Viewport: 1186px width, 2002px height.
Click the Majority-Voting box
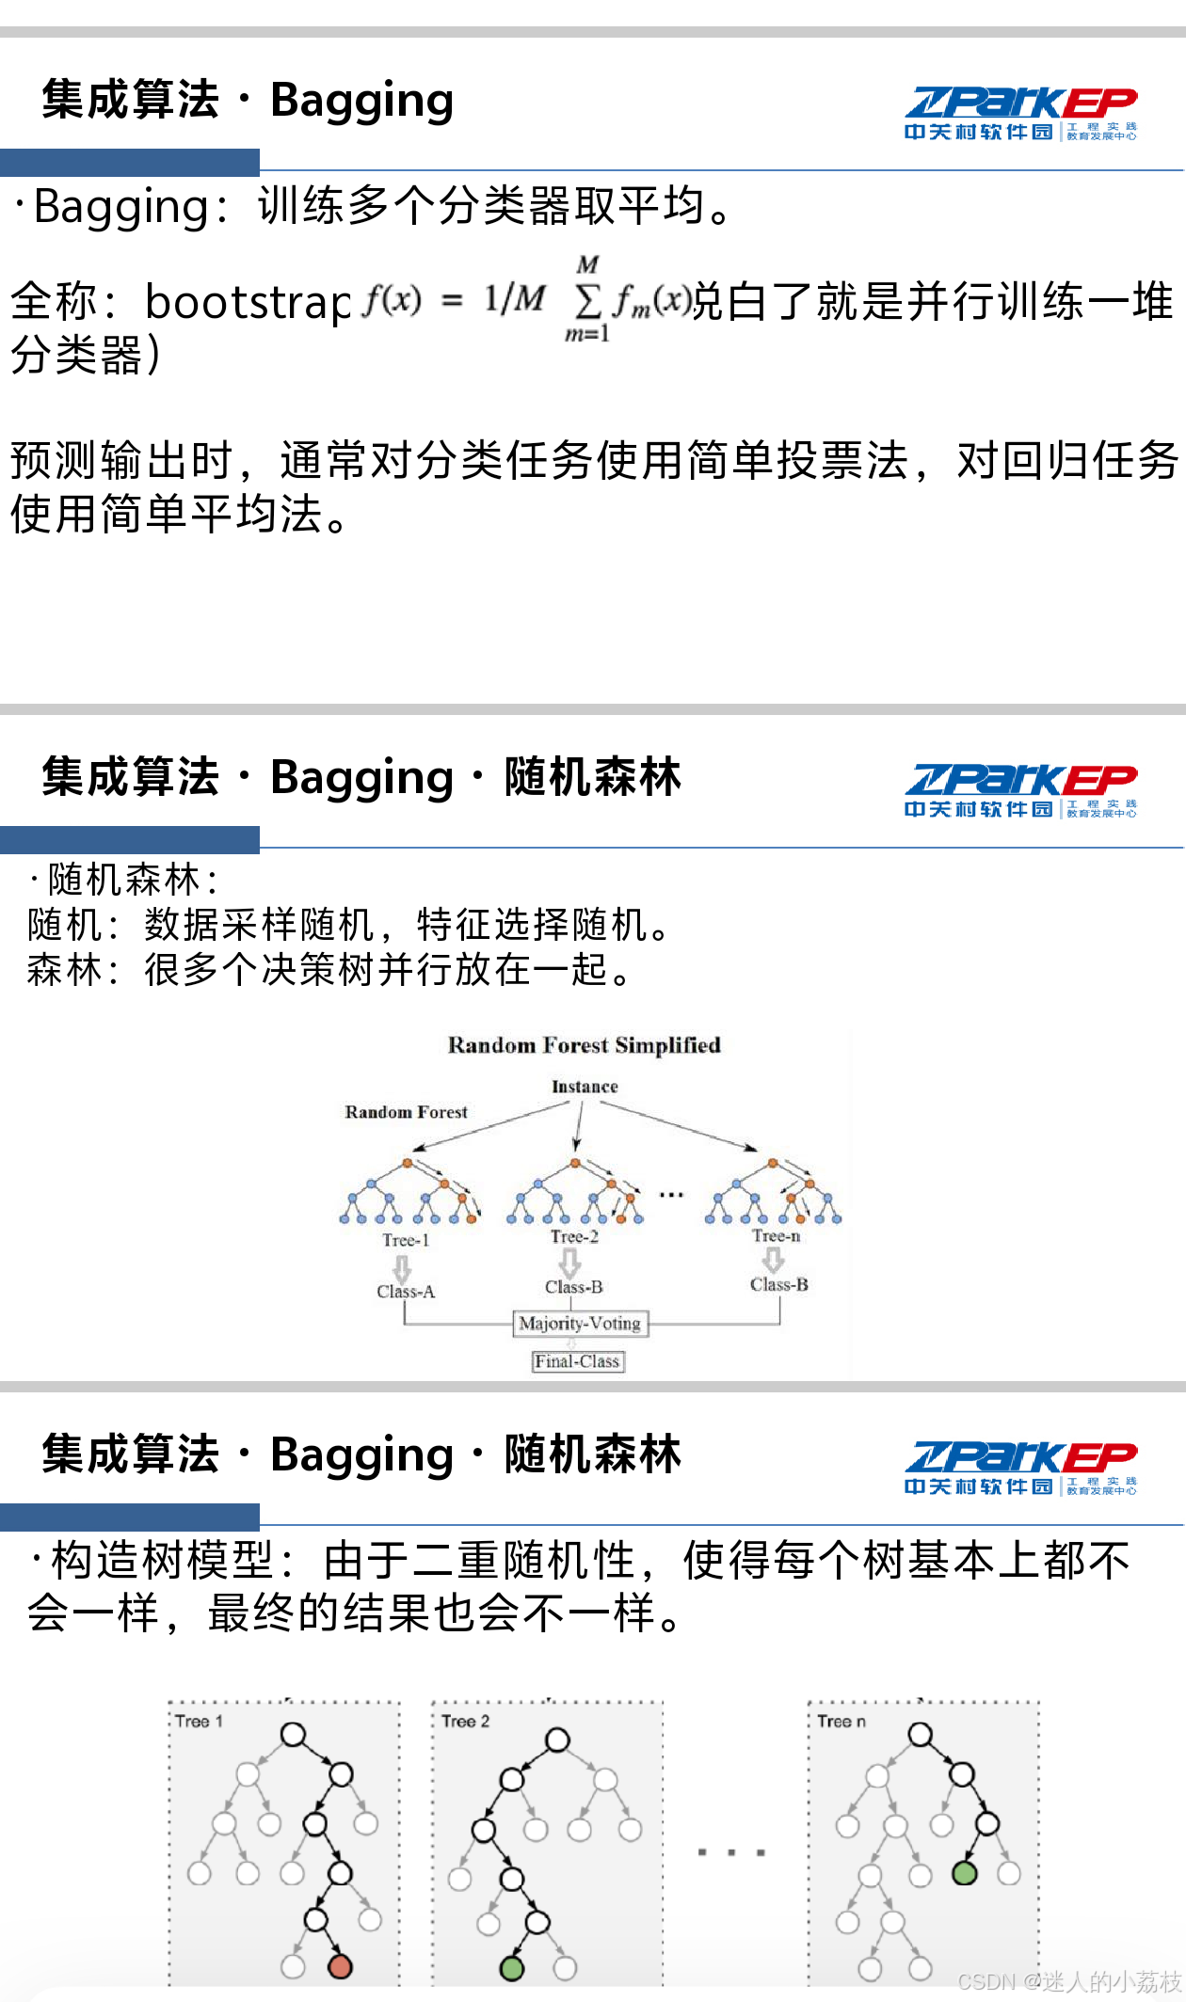coord(580,1323)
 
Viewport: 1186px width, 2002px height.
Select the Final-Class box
coord(577,1361)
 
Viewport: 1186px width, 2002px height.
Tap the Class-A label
coord(406,1292)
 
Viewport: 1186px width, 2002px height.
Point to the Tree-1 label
coord(406,1240)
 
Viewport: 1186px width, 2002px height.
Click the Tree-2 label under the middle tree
coord(574,1236)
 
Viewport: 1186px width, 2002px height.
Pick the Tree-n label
coord(776,1235)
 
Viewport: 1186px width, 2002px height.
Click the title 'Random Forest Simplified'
coord(584,1045)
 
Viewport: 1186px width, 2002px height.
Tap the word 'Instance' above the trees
coord(585,1087)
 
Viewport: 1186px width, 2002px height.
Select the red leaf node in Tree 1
coord(340,1965)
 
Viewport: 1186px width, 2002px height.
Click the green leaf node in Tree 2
coord(511,1967)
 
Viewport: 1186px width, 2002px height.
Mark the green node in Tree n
coord(964,1872)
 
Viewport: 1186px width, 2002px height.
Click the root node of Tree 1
coord(294,1734)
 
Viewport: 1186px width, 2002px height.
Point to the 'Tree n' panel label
coord(841,1721)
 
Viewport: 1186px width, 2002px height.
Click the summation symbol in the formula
coord(587,301)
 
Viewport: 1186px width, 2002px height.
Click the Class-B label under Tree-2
coord(573,1287)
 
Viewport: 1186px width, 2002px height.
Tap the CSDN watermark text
coord(1068,1981)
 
